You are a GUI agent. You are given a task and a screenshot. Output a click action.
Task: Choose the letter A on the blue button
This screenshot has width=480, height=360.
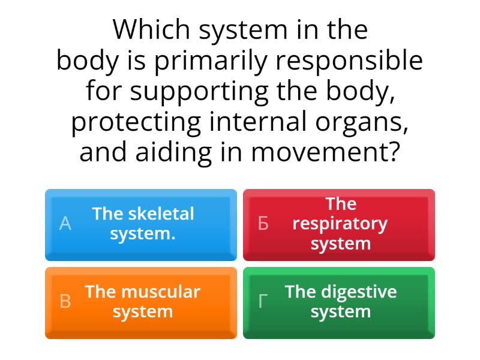click(65, 224)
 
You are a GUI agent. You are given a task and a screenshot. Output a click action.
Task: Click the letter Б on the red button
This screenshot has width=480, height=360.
click(263, 224)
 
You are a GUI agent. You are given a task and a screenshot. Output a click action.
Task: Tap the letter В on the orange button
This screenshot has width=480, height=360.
click(65, 302)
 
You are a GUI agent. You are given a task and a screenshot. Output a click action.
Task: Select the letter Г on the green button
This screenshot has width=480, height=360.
click(263, 302)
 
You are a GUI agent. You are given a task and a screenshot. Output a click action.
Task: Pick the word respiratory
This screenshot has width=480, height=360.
click(340, 224)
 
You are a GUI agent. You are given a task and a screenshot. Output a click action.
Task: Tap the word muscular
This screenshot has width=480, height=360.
click(162, 292)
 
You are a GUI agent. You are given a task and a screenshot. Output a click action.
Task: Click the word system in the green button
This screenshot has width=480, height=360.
click(340, 312)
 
